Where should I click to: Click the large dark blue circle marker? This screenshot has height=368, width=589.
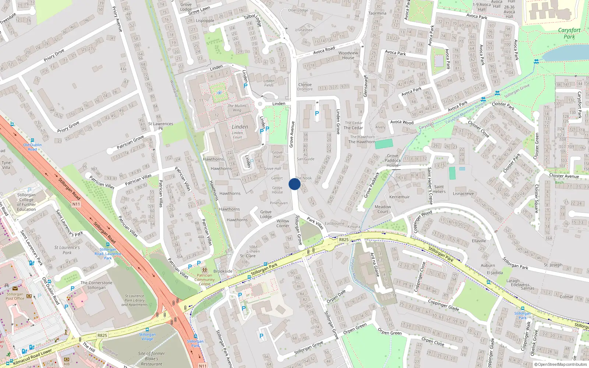pyautogui.click(x=294, y=184)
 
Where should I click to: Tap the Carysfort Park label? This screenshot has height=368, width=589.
pyautogui.click(x=569, y=33)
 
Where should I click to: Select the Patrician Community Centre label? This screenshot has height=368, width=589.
pyautogui.click(x=204, y=280)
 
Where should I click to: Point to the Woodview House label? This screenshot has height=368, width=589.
pyautogui.click(x=348, y=55)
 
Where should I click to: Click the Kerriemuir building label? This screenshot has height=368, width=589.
pyautogui.click(x=399, y=197)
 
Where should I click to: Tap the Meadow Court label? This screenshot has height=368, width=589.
pyautogui.click(x=383, y=209)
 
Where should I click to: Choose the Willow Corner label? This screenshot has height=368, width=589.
pyautogui.click(x=283, y=223)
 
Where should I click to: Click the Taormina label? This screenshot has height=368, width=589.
pyautogui.click(x=377, y=13)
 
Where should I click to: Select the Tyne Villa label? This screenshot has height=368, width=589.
pyautogui.click(x=6, y=165)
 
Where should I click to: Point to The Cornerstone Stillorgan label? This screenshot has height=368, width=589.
pyautogui.click(x=96, y=285)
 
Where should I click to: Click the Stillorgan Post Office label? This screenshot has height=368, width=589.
pyautogui.click(x=15, y=296)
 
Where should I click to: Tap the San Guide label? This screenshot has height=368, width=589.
pyautogui.click(x=306, y=159)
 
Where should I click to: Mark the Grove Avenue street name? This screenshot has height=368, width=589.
pyautogui.click(x=292, y=134)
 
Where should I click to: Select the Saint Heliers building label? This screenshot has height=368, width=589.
pyautogui.click(x=439, y=189)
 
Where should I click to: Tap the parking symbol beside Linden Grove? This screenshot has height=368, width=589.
pyautogui.click(x=317, y=114)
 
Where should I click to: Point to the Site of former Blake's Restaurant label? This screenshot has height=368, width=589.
pyautogui.click(x=151, y=359)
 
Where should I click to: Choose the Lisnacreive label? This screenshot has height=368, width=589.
pyautogui.click(x=463, y=194)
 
